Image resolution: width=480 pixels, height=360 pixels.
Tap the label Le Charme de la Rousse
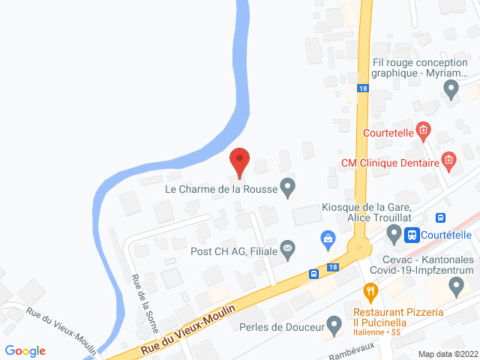(x=221, y=189)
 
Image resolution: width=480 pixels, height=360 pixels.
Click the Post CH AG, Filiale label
(x=234, y=251)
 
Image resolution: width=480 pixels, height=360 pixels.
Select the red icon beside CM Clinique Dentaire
(x=448, y=160)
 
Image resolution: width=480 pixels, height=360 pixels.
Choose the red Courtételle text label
(x=388, y=133)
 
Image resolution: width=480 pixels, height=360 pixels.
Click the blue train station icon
(x=412, y=235)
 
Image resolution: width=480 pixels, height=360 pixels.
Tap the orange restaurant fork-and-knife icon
(x=369, y=290)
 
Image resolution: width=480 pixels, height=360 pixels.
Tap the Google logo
(x=25, y=350)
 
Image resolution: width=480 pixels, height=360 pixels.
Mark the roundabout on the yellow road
(x=360, y=247)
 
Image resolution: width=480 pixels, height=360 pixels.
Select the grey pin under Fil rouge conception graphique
(x=451, y=91)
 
